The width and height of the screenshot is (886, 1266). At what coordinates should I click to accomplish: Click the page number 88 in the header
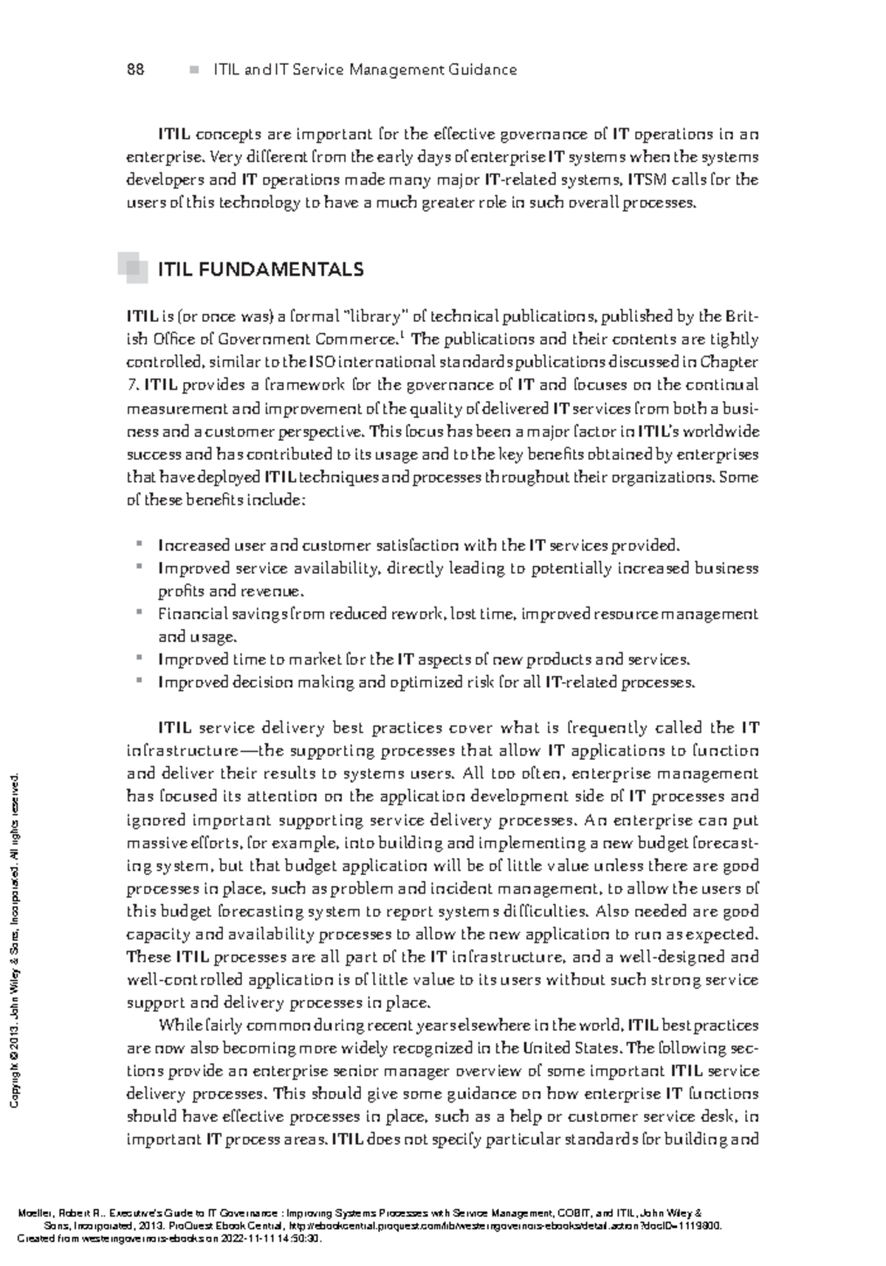point(135,70)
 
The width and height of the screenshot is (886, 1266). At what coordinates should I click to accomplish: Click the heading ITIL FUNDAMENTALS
point(261,270)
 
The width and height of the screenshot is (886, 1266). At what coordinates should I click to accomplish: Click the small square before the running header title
point(194,70)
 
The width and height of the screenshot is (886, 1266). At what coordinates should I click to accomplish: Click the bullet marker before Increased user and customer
point(138,544)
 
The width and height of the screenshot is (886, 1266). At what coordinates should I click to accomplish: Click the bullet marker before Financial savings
point(138,612)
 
